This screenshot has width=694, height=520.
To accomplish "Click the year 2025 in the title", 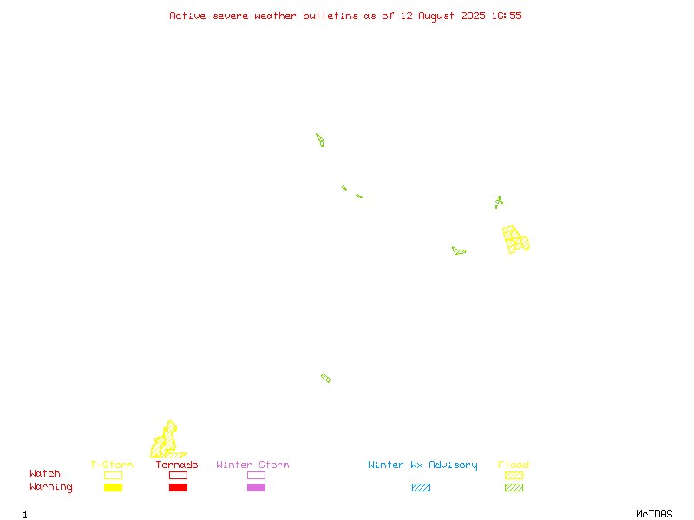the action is pos(473,16).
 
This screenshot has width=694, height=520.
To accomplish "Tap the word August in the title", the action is pos(436,16).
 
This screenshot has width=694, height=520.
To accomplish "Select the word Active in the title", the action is pos(187,16).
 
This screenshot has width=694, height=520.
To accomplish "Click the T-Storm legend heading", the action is pos(112,465).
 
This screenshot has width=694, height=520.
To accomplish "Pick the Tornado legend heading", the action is pos(177,465).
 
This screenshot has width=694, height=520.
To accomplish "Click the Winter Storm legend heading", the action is pos(252,465).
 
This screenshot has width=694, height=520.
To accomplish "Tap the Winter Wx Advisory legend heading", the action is pos(422,465).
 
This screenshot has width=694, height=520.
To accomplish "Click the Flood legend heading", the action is pos(514,465).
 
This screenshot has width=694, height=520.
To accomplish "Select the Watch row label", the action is pos(45,473).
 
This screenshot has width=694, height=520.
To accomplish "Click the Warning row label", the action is pos(51,487).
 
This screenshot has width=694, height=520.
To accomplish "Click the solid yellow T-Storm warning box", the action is pos(114,487).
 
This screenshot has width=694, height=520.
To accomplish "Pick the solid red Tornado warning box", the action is pos(179,487).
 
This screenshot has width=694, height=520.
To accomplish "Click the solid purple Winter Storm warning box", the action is pos(256,487).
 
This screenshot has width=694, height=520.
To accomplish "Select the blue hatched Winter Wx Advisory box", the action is pos(421,487).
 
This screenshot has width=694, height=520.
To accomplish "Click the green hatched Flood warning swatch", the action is pos(514,487).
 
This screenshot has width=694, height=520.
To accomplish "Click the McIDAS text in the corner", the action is pos(654,514).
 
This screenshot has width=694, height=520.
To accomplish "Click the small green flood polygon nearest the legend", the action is pos(326,378).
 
